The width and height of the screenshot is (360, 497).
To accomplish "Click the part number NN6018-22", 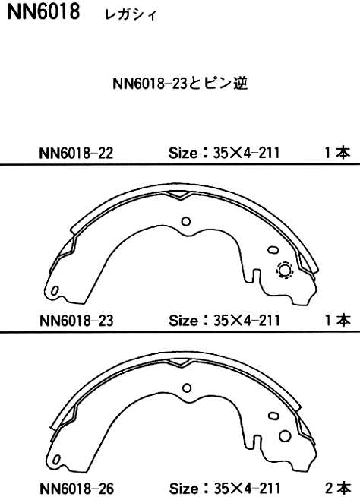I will click(74, 154).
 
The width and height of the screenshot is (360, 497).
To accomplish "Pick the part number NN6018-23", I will click(74, 321).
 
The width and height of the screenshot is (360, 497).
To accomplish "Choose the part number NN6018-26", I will click(74, 488).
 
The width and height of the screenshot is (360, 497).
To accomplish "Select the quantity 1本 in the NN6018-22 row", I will click(336, 154).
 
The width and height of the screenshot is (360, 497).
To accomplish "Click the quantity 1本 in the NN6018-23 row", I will click(336, 321).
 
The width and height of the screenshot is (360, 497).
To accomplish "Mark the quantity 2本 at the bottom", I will click(336, 488).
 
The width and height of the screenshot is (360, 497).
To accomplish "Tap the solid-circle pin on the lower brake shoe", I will click(284, 435).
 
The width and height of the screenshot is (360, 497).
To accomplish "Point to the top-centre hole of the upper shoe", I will click(186, 222).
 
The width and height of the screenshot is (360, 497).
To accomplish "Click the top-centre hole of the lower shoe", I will click(186, 388).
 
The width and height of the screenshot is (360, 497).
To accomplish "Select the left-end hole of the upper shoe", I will click(55, 292).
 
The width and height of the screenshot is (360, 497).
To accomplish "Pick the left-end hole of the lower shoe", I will click(55, 458).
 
